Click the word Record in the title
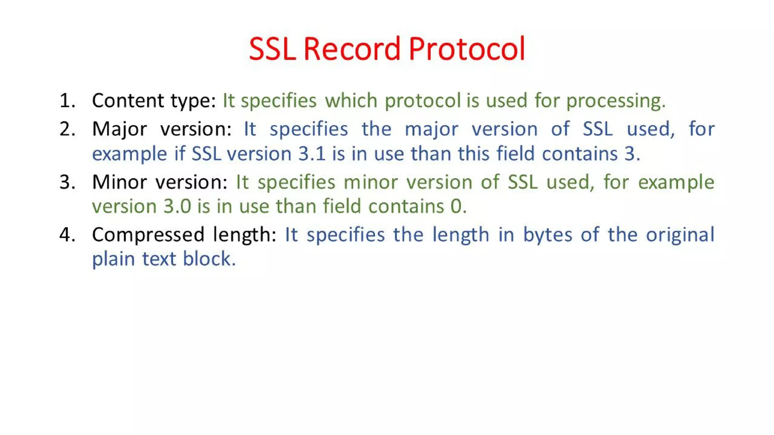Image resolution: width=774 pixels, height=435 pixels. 351,49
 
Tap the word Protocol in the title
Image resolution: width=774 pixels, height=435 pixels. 467,49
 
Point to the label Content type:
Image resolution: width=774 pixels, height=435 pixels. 154,101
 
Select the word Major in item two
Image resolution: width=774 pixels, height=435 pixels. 119,130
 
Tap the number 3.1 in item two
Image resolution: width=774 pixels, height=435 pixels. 312,154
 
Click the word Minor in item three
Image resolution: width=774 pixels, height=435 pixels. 119,182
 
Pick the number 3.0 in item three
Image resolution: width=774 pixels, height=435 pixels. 177,207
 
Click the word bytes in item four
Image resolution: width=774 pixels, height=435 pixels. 548,235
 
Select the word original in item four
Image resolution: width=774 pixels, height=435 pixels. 680,235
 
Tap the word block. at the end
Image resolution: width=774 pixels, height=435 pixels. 209,259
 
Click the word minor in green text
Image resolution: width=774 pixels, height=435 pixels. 370,182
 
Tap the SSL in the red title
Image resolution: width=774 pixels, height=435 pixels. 272,49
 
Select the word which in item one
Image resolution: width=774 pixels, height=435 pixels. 351,101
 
